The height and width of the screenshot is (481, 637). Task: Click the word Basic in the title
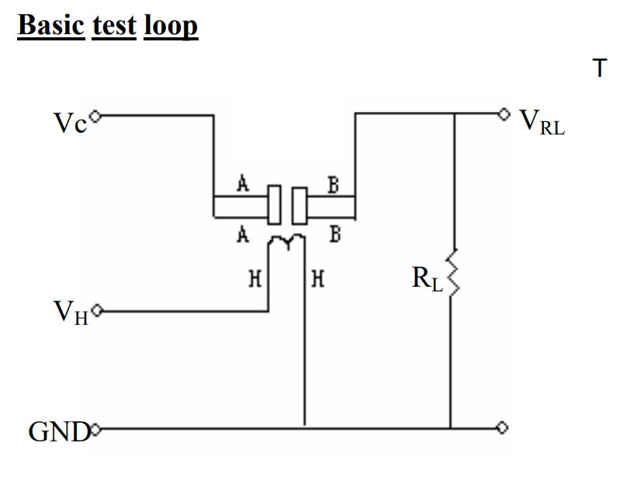point(51,25)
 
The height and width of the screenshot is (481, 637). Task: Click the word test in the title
point(114,26)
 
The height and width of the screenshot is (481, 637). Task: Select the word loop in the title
point(171,27)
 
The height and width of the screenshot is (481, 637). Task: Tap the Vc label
point(71,123)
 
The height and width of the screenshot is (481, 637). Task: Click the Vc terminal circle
point(95,117)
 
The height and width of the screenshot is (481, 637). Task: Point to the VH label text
point(71,312)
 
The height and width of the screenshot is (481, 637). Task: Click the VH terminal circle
point(97,311)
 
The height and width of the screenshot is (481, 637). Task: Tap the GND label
point(59,431)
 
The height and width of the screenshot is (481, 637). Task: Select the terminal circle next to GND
point(95,429)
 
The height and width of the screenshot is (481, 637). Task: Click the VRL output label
point(542,122)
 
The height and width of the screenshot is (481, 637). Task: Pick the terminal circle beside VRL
point(504,114)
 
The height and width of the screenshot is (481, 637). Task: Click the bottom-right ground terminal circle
point(502,427)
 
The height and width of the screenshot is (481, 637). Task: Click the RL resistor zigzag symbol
point(452,272)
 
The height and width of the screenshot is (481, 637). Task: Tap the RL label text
point(427,279)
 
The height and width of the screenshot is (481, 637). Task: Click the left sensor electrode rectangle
point(274,204)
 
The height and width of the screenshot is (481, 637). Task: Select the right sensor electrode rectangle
point(299,205)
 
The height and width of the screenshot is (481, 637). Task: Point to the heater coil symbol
point(287,240)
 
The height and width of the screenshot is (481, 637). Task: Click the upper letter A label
point(243,183)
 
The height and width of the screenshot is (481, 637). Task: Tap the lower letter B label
point(335,235)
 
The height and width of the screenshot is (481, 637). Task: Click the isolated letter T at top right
point(600,68)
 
